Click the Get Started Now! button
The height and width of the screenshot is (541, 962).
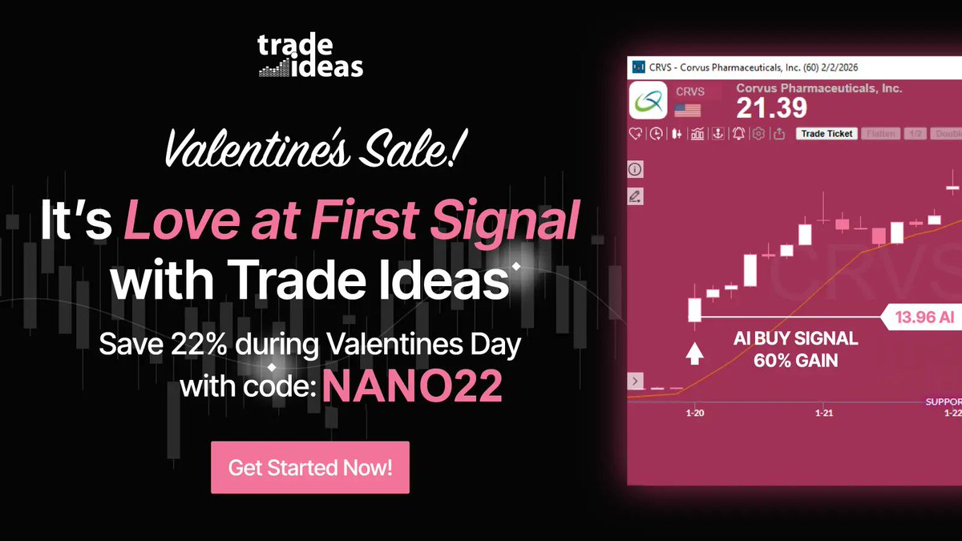[x=310, y=467]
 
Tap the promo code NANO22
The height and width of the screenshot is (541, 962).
[x=413, y=388]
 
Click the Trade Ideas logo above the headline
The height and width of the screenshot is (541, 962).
[x=310, y=56]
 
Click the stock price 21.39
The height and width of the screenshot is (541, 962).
[x=771, y=108]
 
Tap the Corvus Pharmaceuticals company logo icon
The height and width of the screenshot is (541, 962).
[x=649, y=102]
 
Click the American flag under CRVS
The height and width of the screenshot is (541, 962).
[x=688, y=110]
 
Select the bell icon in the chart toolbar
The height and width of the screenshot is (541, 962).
[x=738, y=134]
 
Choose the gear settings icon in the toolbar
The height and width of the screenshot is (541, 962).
[x=758, y=134]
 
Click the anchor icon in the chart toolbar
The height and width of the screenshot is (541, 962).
[x=717, y=134]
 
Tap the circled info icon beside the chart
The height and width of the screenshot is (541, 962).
[x=636, y=170]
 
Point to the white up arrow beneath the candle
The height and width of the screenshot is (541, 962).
[x=694, y=353]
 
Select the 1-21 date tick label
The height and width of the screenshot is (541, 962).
[x=824, y=414]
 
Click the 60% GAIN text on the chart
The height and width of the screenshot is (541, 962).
[x=795, y=361]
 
